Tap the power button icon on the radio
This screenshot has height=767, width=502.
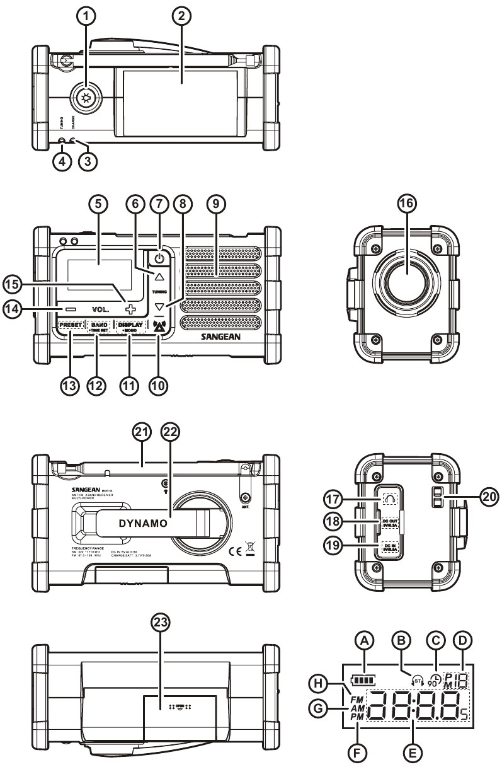point(159,257)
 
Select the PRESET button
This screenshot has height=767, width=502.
point(71,326)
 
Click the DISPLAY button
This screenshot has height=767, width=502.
point(130,326)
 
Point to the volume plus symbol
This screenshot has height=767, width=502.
point(129,309)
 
